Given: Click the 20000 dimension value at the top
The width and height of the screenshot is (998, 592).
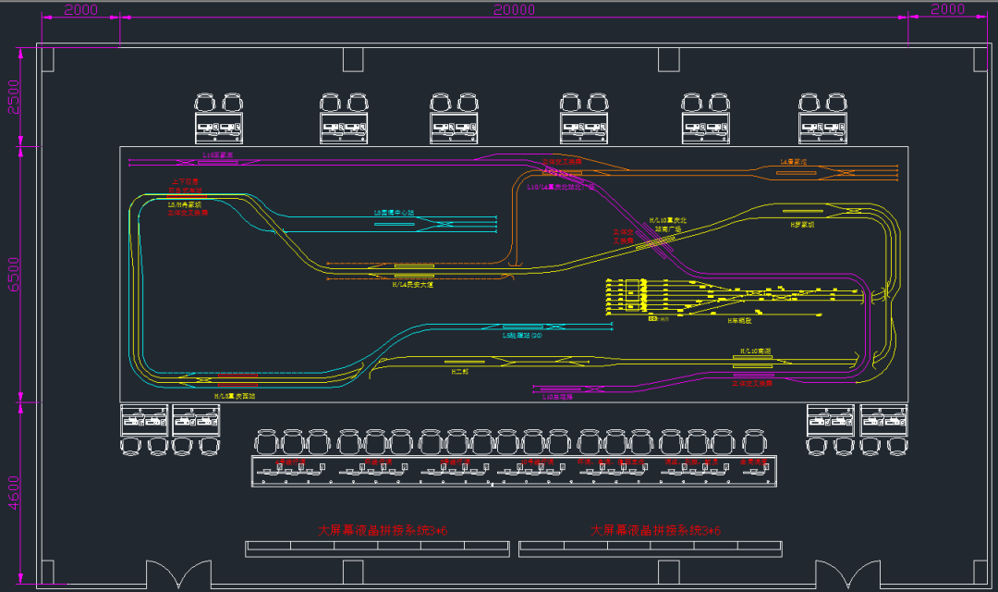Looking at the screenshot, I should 514,9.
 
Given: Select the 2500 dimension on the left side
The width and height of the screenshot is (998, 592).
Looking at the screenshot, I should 12,96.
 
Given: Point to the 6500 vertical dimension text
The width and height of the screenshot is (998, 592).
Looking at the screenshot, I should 12,274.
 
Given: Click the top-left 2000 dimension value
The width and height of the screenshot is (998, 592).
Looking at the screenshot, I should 81,9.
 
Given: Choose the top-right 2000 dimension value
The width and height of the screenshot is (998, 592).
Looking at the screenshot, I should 947,9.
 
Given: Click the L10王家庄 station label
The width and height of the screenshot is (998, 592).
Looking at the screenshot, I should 218,155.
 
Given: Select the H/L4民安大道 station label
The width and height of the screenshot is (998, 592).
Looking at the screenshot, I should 412,285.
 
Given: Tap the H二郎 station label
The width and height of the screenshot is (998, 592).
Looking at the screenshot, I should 460,371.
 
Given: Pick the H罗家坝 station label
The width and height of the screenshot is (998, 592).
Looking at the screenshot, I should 802,224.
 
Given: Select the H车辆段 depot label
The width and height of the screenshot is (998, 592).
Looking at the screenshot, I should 739,320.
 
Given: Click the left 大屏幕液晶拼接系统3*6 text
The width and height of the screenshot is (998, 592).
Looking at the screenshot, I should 383,531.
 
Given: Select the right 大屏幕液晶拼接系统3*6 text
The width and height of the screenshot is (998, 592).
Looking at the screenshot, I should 655,531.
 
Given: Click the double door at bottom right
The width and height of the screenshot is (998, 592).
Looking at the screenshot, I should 842,573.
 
